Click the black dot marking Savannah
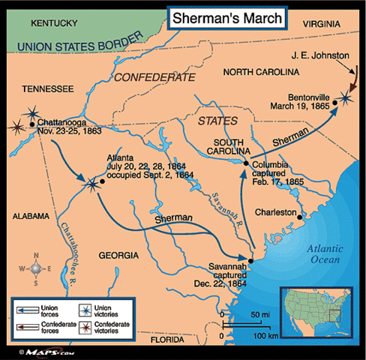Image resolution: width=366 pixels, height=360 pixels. click(x=250, y=262)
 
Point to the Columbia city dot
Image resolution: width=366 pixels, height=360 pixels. click(x=246, y=163)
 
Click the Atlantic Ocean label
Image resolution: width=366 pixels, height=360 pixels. click(x=321, y=255)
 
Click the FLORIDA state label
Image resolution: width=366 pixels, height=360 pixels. click(x=166, y=339)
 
